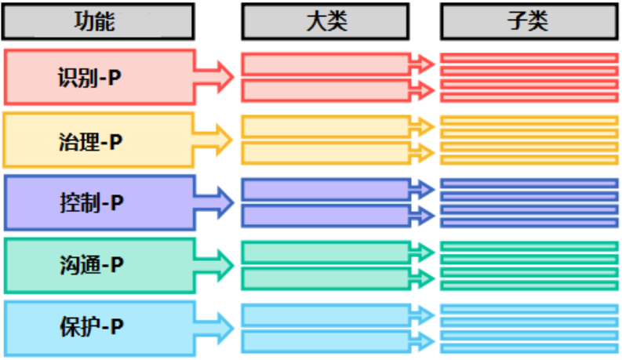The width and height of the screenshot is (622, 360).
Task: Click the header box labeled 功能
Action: pos(98,21)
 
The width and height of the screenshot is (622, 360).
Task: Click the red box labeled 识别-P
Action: pos(99,77)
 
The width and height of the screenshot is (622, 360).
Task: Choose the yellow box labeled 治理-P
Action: pos(98,140)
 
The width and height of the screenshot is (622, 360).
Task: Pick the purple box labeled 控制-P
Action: pos(99,202)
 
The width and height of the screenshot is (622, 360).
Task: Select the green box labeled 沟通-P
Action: pos(99,265)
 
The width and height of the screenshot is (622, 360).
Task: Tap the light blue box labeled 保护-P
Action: pos(99,326)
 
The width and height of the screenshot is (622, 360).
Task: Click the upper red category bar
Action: pos(326,64)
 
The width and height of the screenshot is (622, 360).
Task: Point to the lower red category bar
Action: pos(326,89)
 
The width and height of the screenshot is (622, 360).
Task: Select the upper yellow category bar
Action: pos(326,126)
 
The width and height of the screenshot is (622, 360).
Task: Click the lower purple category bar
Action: pos(326,216)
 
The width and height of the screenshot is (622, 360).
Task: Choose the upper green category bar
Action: pos(326,252)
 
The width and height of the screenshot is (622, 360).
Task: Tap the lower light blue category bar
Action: pos(326,341)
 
